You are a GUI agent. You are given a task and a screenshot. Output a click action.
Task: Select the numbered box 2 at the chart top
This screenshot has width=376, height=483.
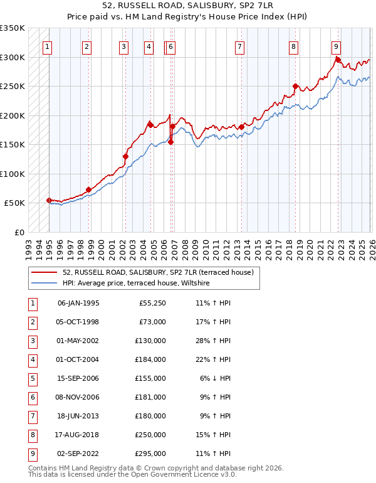[x=86, y=46]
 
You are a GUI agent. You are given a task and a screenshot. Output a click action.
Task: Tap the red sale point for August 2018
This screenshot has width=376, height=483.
[x=295, y=86]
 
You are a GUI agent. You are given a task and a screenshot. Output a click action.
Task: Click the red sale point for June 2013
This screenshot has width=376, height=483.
[x=241, y=127]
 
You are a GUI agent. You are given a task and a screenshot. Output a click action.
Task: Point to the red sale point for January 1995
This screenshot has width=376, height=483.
[x=49, y=200]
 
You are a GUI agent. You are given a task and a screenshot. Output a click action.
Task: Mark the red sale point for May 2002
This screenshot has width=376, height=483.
[x=125, y=156]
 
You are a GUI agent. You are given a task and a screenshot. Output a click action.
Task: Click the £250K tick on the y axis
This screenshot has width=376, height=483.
[x=13, y=87]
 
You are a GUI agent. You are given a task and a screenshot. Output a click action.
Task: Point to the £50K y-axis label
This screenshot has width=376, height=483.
[x=15, y=203]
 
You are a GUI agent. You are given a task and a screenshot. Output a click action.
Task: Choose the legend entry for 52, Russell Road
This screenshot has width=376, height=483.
[x=157, y=272]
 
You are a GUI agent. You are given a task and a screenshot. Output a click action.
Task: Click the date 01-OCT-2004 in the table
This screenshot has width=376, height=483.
[x=78, y=359]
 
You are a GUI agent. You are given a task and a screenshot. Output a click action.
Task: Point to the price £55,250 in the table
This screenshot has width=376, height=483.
[x=152, y=303]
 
